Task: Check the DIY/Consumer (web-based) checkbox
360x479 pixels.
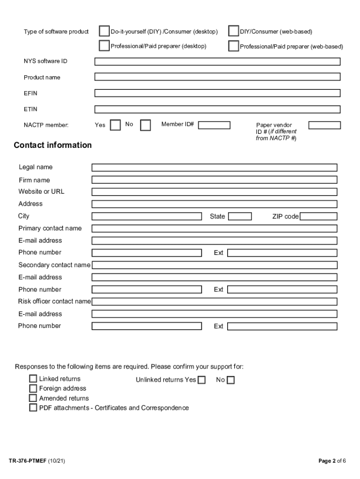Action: tap(233, 31)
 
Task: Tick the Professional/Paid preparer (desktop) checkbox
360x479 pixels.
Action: tap(104, 46)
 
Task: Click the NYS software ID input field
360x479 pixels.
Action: tap(217, 61)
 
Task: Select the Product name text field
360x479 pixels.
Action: tap(217, 77)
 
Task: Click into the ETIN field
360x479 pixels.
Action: tap(217, 109)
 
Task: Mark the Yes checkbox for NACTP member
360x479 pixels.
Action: tap(115, 125)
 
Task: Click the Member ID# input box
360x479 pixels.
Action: tap(214, 125)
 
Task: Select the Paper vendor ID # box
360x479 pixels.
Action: tap(324, 125)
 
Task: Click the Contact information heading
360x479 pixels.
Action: tap(53, 145)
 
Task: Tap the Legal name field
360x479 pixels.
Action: tap(214, 167)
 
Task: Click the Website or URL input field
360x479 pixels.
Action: tap(214, 192)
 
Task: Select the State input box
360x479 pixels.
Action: tap(240, 216)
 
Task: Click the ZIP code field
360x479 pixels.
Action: tap(318, 216)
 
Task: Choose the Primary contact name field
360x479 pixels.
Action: tap(214, 228)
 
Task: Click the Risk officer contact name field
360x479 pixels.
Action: tap(214, 302)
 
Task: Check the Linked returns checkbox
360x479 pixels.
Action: tap(33, 379)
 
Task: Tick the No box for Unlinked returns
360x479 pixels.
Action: tap(230, 380)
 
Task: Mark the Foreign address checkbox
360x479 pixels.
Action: tap(33, 388)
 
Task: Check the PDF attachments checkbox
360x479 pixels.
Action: tap(33, 408)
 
